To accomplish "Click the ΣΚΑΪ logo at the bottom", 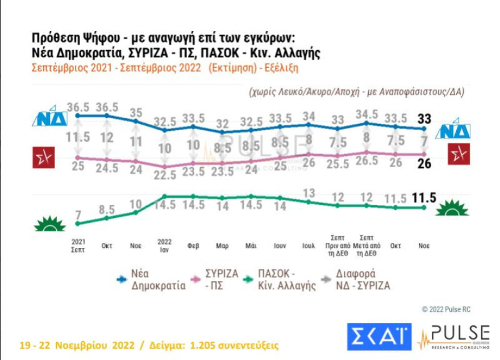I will pyautogui.click(x=379, y=337).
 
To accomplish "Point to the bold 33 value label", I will pyautogui.click(x=423, y=119).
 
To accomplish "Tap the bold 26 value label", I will pyautogui.click(x=423, y=164).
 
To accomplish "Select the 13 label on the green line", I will pyautogui.click(x=309, y=193).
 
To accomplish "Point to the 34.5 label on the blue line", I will pyautogui.click(x=366, y=114).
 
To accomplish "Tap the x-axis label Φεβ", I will pyautogui.click(x=193, y=246).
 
